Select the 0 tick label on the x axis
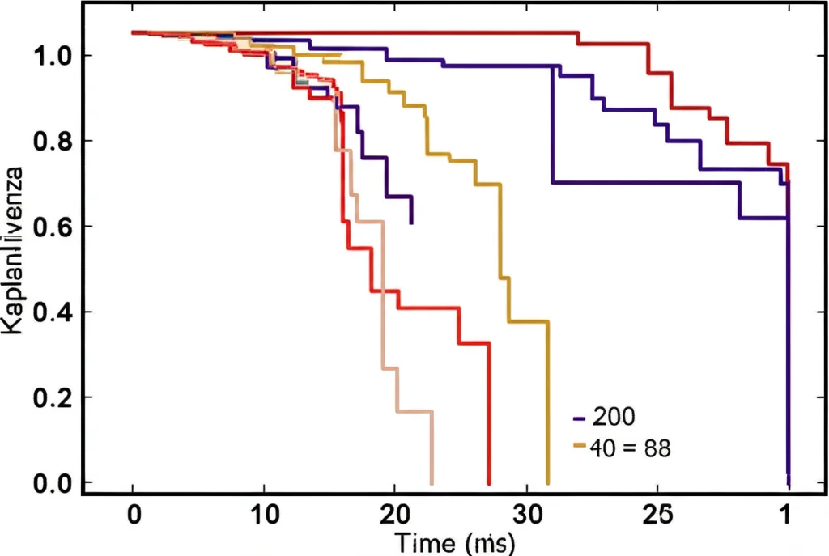pyautogui.click(x=133, y=516)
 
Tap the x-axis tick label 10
pyautogui.click(x=264, y=516)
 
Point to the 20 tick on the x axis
pyautogui.click(x=394, y=516)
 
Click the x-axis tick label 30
pyautogui.click(x=526, y=516)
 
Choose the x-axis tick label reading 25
pyautogui.click(x=657, y=516)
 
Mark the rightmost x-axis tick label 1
pyautogui.click(x=786, y=516)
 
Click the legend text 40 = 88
pyautogui.click(x=631, y=448)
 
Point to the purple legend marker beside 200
pyautogui.click(x=578, y=418)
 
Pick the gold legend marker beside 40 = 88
pyautogui.click(x=578, y=446)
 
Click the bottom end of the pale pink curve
pyautogui.click(x=432, y=483)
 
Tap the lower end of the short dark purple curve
pyautogui.click(x=412, y=223)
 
